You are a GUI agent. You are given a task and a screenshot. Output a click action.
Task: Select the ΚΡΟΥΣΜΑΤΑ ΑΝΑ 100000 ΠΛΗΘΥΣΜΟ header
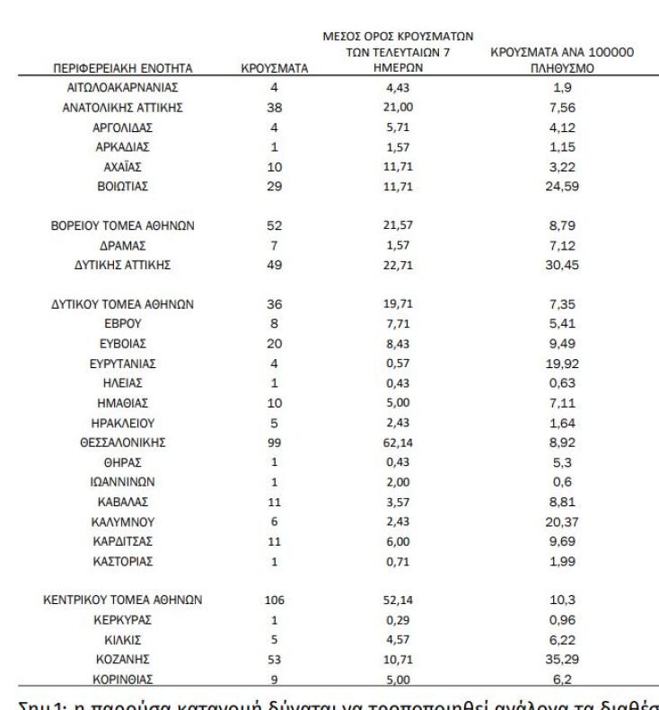coord(563,60)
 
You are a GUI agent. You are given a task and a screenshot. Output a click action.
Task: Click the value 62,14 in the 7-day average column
coord(398,442)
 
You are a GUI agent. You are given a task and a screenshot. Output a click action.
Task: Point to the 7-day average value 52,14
coord(398,598)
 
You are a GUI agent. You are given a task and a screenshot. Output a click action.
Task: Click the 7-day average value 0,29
coord(398,620)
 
